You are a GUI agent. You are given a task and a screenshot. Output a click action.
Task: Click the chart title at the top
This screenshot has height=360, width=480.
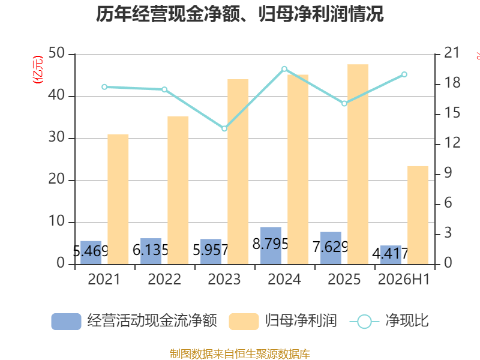pyautogui.click(x=239, y=14)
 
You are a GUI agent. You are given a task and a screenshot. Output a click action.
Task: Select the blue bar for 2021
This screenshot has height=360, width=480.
pyautogui.click(x=91, y=253)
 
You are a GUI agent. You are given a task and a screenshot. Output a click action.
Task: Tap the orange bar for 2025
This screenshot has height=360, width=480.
pyautogui.click(x=358, y=164)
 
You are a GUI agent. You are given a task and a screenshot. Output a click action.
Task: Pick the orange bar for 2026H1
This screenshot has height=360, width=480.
pyautogui.click(x=418, y=215)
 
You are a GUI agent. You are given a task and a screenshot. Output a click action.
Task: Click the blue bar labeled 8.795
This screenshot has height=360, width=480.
pyautogui.click(x=271, y=245)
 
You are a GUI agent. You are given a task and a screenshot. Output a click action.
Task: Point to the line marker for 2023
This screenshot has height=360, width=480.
pyautogui.click(x=224, y=128)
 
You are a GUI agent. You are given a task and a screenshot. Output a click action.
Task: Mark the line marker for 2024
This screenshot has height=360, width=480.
pyautogui.click(x=284, y=69)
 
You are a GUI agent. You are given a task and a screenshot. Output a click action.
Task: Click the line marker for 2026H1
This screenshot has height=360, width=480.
pyautogui.click(x=404, y=74)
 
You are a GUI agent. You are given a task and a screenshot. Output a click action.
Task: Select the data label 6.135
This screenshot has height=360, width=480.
pyautogui.click(x=151, y=250)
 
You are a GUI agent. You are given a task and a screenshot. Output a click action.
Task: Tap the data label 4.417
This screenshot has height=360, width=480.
pyautogui.click(x=391, y=253)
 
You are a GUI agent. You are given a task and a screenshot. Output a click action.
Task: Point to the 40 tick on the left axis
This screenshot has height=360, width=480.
pyautogui.click(x=56, y=95)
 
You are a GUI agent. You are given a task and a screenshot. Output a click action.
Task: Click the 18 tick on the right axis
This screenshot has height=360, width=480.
pyautogui.click(x=452, y=83)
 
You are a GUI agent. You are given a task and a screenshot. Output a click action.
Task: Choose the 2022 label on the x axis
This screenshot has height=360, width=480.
pyautogui.click(x=164, y=279)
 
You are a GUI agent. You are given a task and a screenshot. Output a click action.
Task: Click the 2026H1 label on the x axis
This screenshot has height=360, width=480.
pyautogui.click(x=404, y=279)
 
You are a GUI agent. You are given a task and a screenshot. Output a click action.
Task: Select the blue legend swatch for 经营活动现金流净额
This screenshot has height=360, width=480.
pyautogui.click(x=66, y=322)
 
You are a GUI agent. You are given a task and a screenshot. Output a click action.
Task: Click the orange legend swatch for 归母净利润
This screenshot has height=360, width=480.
pyautogui.click(x=244, y=322)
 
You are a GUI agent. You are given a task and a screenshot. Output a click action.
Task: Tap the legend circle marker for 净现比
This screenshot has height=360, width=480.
pyautogui.click(x=364, y=322)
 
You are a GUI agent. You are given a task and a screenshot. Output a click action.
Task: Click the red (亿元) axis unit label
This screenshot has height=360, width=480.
pyautogui.click(x=38, y=70)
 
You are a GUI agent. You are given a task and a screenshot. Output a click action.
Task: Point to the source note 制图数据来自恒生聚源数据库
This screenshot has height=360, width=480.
pyautogui.click(x=240, y=354)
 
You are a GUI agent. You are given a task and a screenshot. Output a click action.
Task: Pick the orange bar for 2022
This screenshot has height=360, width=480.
pyautogui.click(x=178, y=190)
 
